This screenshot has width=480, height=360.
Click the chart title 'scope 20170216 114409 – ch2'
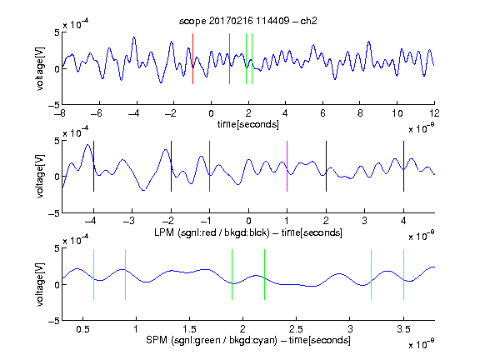[x=248, y=21]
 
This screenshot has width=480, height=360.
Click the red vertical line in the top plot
[x=192, y=58]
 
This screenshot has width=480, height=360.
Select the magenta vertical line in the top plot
[x=230, y=58]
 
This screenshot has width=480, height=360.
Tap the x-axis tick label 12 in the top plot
[x=434, y=113]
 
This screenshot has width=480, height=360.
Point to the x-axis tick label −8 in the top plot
[x=60, y=113]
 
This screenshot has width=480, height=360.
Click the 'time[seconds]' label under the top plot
[x=248, y=124]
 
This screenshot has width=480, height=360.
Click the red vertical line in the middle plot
[x=209, y=166]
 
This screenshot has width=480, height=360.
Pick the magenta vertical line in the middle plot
[x=287, y=166]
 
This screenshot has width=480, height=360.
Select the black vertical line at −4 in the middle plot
[x=93, y=166]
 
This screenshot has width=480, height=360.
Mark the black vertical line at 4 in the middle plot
[x=403, y=166]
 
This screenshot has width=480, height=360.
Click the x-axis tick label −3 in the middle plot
[x=129, y=221]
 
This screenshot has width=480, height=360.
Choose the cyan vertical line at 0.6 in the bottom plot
[x=93, y=275]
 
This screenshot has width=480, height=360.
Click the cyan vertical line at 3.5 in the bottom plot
[x=403, y=275]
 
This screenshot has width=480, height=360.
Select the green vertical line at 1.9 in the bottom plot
[x=232, y=275]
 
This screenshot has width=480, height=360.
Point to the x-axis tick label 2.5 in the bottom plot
[x=296, y=329]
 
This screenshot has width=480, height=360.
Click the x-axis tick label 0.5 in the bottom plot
[x=82, y=329]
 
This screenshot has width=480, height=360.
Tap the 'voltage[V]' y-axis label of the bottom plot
[x=40, y=284]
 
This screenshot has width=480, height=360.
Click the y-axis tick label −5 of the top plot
[x=54, y=105]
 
